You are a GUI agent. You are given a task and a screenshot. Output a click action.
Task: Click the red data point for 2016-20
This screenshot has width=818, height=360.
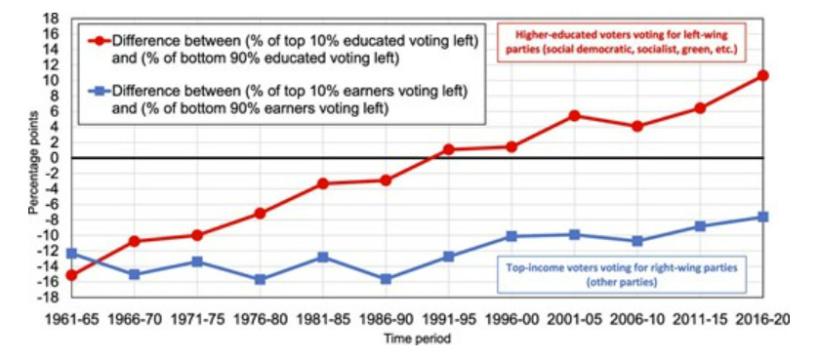763,75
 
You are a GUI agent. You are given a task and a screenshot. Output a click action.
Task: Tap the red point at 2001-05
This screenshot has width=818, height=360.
574,115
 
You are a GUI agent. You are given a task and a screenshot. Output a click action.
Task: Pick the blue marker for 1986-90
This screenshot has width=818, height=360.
386,279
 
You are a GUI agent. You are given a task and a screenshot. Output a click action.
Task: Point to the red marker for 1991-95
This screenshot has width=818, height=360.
448,149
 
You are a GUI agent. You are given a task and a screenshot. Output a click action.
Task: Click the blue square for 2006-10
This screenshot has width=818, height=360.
637,241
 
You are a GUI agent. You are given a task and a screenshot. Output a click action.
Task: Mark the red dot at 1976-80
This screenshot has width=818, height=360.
260,213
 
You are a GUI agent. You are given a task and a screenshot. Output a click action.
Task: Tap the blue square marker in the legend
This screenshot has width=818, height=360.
98,92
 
